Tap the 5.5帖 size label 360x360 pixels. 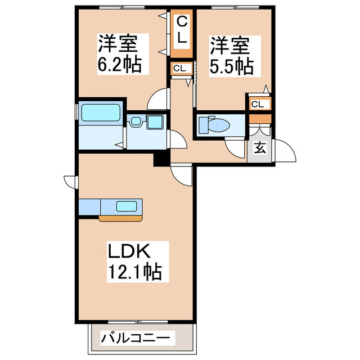231,66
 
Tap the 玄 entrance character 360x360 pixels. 260,148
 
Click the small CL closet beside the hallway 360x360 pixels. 180,68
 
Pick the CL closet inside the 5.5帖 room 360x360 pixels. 258,104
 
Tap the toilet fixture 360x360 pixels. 214,124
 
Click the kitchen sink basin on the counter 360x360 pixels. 127,206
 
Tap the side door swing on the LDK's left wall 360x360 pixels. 71,181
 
